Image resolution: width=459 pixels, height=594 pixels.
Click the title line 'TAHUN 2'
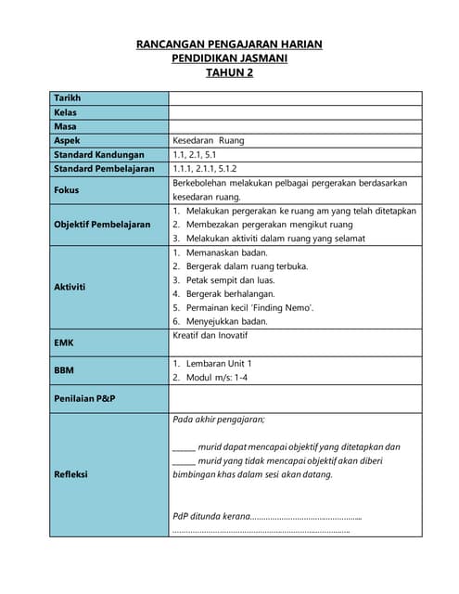coord(229,73)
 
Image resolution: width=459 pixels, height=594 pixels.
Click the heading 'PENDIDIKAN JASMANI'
coord(229,58)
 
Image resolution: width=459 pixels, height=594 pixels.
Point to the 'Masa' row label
coord(65,126)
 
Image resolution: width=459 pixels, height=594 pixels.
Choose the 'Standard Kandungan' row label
coord(99,155)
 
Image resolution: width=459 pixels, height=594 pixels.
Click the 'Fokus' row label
coord(67,190)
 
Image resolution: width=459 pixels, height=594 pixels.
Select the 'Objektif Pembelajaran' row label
coord(102,225)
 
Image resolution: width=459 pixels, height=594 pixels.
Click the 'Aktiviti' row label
coord(70,287)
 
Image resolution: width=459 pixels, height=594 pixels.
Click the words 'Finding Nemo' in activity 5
coord(284,307)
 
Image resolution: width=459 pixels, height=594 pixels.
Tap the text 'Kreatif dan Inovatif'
coord(210,334)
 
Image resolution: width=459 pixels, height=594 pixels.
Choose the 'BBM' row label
coord(65,369)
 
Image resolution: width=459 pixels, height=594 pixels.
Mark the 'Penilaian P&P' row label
coord(84,398)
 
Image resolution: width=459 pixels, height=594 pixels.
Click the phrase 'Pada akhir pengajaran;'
coord(219,420)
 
